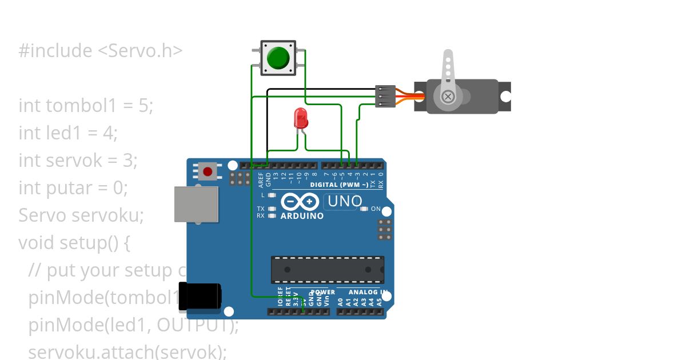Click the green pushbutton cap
[x=278, y=58]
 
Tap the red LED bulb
[x=301, y=119]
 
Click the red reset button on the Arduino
[x=207, y=170]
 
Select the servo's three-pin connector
[x=385, y=97]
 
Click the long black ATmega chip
[x=327, y=270]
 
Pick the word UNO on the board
[x=344, y=201]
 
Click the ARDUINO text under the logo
[x=302, y=216]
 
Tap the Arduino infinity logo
[x=300, y=202]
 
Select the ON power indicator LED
[x=364, y=209]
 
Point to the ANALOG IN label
[x=369, y=292]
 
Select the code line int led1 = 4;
[x=68, y=133]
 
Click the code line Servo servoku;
[x=81, y=215]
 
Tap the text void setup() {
[x=74, y=242]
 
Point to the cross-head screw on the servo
[x=448, y=96]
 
